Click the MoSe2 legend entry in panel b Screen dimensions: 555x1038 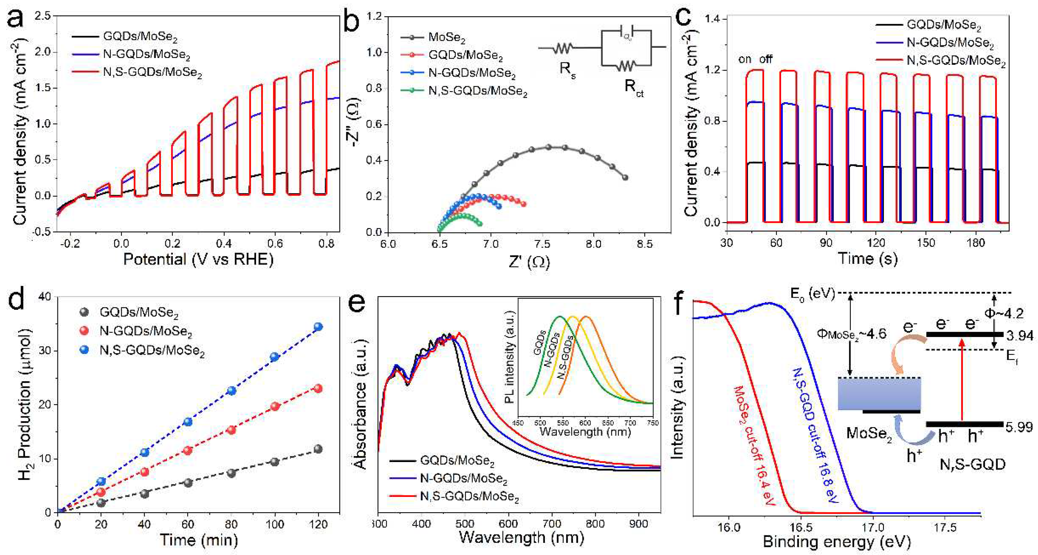[446, 38]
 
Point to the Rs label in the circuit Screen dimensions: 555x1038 [567, 69]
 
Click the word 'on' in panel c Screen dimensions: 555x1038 [745, 59]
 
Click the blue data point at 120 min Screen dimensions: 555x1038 [318, 326]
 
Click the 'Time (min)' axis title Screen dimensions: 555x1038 [199, 540]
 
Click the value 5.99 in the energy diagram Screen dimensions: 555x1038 [1019, 427]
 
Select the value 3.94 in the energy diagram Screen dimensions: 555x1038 [1020, 335]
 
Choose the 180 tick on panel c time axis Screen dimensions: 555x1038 [976, 243]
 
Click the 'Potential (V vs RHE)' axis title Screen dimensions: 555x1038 [198, 260]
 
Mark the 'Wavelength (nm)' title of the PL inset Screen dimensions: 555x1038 [585, 432]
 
